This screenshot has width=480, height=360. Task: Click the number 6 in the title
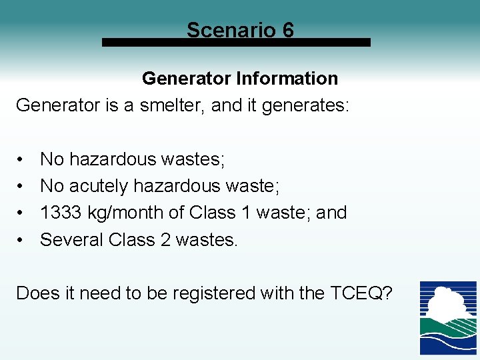287,30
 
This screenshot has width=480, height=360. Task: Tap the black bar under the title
236,42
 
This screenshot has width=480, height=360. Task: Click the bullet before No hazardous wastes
22,159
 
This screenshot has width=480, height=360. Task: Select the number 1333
61,213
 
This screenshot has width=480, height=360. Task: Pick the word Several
70,239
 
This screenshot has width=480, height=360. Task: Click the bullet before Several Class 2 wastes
22,239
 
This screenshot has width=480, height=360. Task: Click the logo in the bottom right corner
447,318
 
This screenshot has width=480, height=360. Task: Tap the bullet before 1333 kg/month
22,213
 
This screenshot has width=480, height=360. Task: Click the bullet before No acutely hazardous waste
22,186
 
